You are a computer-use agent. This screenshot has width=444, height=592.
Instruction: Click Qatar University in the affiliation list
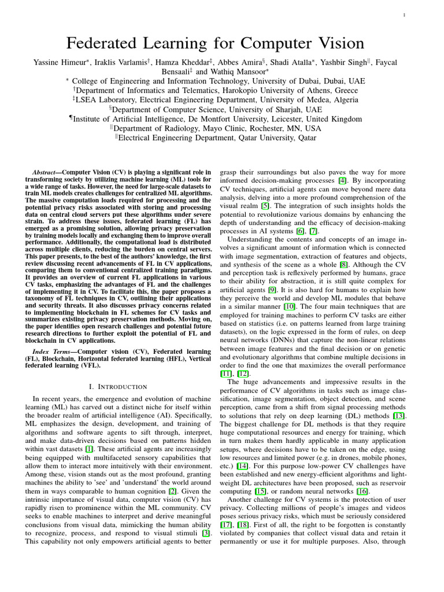283,138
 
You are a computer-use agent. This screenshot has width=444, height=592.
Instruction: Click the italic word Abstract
46,172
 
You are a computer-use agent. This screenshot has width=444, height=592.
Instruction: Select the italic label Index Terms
48,351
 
